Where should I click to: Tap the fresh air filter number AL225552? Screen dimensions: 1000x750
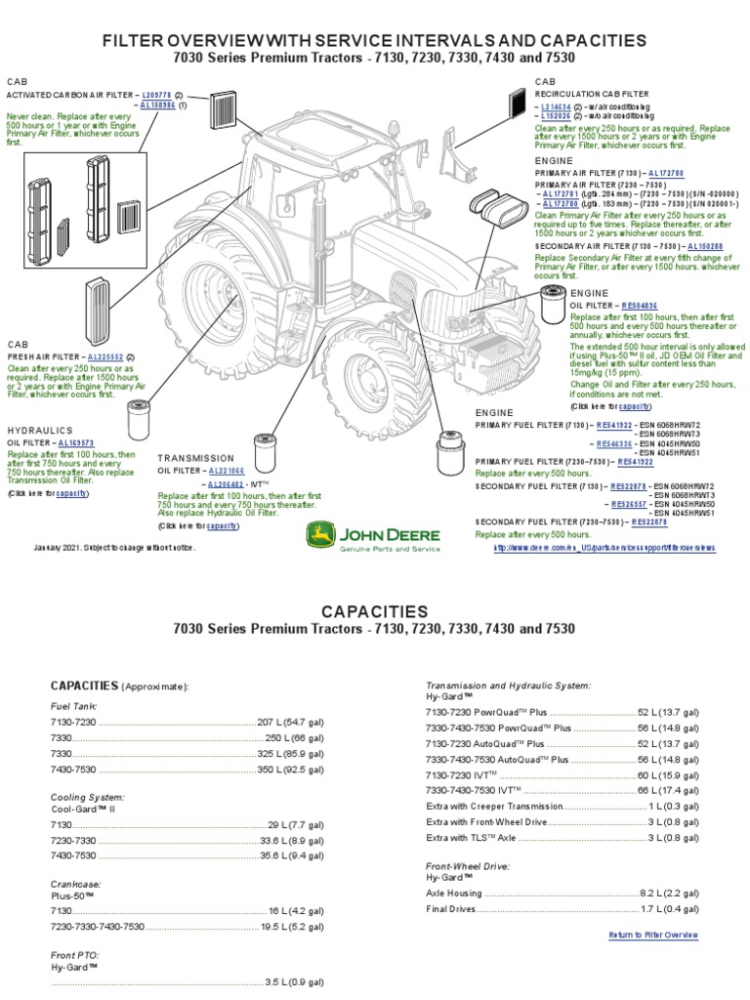(x=106, y=356)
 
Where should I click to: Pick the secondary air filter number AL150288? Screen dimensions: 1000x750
(x=705, y=247)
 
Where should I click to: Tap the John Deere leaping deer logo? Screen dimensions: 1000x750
(x=319, y=534)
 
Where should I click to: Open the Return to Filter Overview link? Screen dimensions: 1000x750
(x=653, y=935)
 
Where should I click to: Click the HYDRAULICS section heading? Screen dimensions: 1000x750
(x=41, y=431)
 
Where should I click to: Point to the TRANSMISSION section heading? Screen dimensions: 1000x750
(x=195, y=458)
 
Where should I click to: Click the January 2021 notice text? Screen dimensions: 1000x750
(x=114, y=548)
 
